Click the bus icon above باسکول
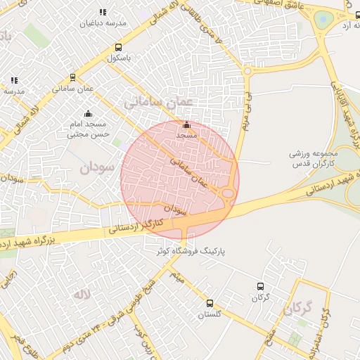[117, 48]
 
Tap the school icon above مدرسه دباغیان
[103, 12]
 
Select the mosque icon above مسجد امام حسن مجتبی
[88, 113]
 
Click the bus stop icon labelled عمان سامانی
[72, 78]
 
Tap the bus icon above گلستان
[210, 303]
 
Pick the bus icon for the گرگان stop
[261, 286]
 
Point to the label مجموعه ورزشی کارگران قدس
[314, 158]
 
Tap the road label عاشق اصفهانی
[281, 5]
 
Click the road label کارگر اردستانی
[138, 226]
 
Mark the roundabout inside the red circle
[228, 194]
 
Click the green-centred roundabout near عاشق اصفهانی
[322, 19]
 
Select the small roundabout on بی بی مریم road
[247, 70]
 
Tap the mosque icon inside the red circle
[186, 124]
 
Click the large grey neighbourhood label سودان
[96, 168]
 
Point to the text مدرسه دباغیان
[103, 23]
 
